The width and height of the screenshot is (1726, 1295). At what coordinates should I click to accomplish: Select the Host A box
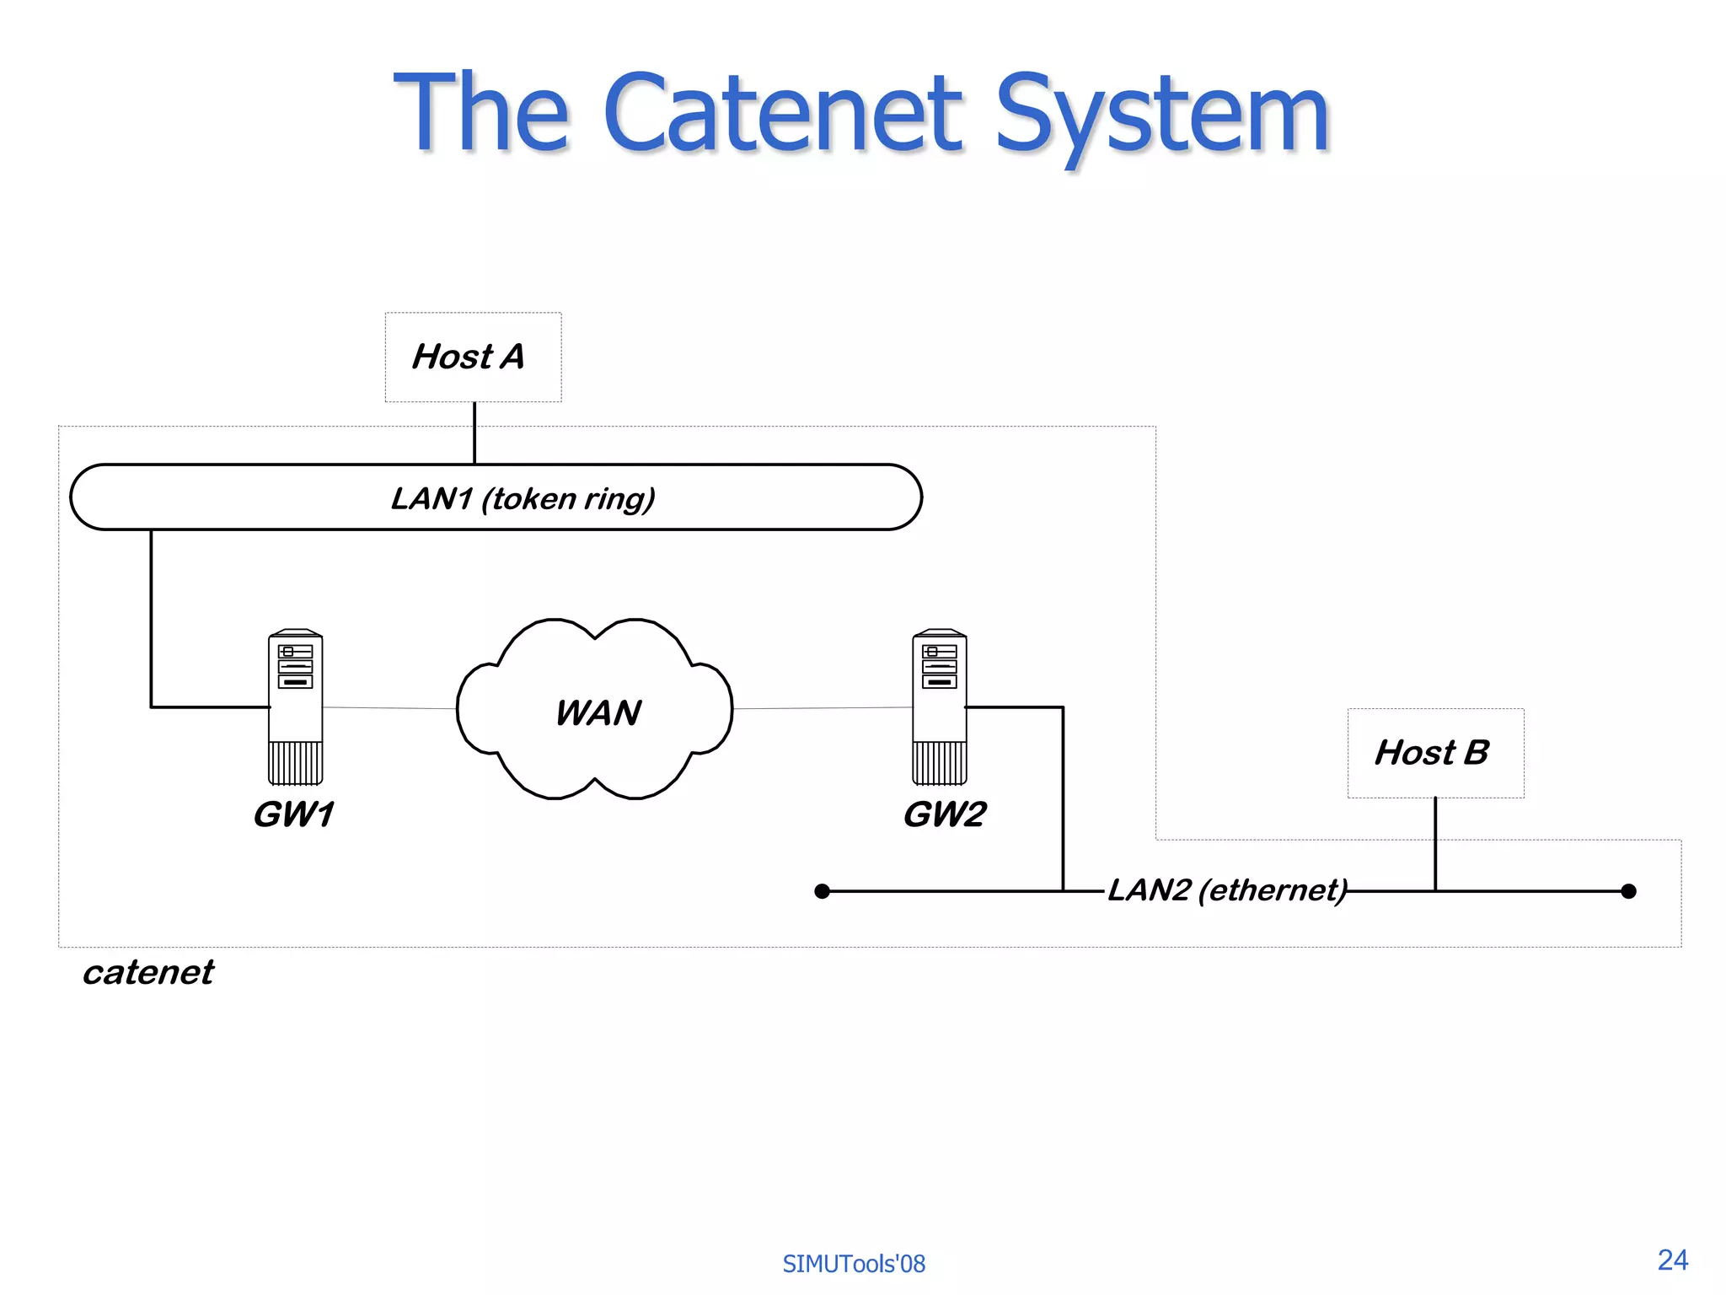pyautogui.click(x=473, y=357)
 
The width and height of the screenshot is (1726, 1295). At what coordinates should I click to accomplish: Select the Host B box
pyautogui.click(x=1435, y=753)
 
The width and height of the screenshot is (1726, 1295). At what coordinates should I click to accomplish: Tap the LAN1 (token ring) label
pyautogui.click(x=523, y=498)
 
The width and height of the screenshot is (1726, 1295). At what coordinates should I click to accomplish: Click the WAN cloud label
pyautogui.click(x=598, y=712)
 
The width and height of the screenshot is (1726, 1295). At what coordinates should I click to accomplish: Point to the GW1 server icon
pyautogui.click(x=295, y=707)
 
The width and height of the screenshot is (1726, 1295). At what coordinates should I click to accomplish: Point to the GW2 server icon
pyautogui.click(x=939, y=707)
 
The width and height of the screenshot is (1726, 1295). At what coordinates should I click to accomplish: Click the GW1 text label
pyautogui.click(x=293, y=814)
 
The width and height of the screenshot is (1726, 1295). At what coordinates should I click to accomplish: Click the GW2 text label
pyautogui.click(x=944, y=814)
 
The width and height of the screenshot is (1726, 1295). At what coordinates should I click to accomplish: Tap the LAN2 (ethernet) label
pyautogui.click(x=1227, y=890)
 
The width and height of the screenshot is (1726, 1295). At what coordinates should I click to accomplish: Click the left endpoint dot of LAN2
pyautogui.click(x=823, y=891)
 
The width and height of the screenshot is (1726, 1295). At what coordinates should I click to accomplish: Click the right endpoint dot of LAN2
pyautogui.click(x=1628, y=891)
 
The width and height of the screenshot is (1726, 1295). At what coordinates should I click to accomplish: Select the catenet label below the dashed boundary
pyautogui.click(x=148, y=972)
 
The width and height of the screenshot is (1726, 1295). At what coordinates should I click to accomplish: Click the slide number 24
pyautogui.click(x=1672, y=1260)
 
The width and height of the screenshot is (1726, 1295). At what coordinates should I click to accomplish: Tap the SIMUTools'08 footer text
pyautogui.click(x=853, y=1264)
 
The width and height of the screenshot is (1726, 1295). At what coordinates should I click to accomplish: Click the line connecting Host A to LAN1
pyautogui.click(x=474, y=433)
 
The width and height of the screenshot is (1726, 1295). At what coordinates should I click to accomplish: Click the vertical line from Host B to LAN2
pyautogui.click(x=1435, y=843)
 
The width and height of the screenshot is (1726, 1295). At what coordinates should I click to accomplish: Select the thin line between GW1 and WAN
pyautogui.click(x=389, y=708)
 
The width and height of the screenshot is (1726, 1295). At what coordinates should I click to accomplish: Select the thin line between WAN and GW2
pyautogui.click(x=822, y=708)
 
